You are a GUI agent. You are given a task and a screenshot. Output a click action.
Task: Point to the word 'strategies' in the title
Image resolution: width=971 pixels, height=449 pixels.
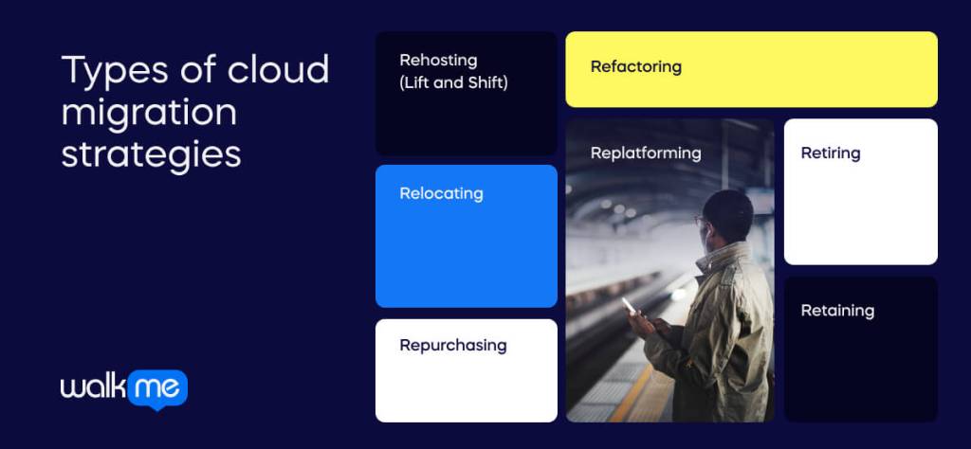(x=151, y=154)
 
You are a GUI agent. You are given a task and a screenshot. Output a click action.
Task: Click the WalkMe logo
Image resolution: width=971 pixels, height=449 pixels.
(x=123, y=388)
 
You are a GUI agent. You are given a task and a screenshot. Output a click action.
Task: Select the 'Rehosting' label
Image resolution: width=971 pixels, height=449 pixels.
(x=438, y=61)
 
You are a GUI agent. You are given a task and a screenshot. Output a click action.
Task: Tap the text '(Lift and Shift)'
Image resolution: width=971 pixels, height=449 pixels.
(x=453, y=83)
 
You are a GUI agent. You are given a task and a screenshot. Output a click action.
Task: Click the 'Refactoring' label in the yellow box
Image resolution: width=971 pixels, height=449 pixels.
(x=635, y=67)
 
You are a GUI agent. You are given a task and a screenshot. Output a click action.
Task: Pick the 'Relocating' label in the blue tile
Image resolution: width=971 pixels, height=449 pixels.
(x=441, y=194)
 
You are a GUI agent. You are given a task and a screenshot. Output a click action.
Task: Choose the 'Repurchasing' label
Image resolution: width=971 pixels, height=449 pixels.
(x=452, y=346)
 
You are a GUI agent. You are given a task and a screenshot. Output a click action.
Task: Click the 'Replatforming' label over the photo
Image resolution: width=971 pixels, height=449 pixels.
(x=645, y=153)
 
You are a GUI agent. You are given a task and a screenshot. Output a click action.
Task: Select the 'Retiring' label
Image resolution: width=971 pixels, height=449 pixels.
(x=830, y=153)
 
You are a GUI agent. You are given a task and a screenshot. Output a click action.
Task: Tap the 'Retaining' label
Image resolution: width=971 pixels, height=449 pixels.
(x=837, y=311)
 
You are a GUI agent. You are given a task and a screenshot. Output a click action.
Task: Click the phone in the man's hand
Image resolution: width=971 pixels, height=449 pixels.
(x=629, y=305)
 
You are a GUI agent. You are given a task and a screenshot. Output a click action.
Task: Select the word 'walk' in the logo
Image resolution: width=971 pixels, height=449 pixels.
(x=92, y=388)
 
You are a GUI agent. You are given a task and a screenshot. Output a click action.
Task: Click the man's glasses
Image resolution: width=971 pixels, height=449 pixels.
(x=702, y=222)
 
